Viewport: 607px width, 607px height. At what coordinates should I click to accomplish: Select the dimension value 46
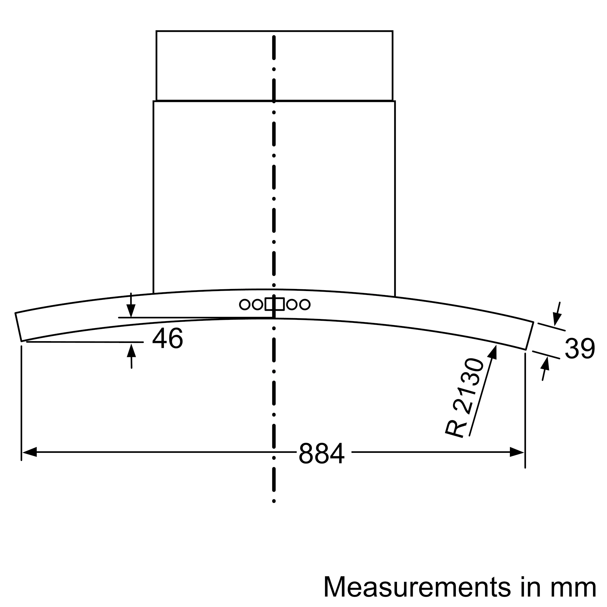[x=168, y=338]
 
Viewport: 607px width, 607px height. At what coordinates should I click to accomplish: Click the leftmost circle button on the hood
[x=244, y=304]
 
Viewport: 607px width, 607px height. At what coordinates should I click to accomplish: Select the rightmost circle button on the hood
[x=305, y=304]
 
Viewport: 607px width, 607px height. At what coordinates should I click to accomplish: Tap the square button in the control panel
[x=275, y=304]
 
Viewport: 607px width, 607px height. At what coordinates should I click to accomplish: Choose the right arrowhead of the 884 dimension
[x=517, y=452]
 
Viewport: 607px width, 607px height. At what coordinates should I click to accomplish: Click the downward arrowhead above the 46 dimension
[x=131, y=310]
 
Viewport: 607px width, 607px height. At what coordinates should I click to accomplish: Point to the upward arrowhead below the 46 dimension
[x=131, y=351]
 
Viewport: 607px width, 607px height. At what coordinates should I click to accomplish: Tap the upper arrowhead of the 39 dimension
[x=557, y=319]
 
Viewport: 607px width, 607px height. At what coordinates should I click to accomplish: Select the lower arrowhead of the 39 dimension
[x=545, y=364]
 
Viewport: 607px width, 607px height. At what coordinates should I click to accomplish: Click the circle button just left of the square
[x=257, y=304]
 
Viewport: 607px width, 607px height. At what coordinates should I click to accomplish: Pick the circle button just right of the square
[x=292, y=304]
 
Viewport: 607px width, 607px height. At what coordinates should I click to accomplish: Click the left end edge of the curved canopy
[x=18, y=327]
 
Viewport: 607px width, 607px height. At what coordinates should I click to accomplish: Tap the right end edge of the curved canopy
[x=529, y=336]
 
